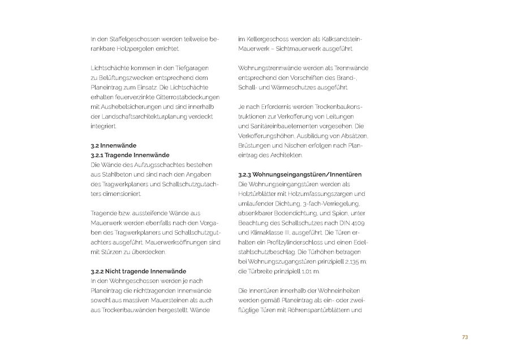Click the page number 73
pos(465,337)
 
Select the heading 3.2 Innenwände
pos(113,145)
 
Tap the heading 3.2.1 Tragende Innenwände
pos(130,155)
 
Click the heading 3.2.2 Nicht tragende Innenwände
pos(138,271)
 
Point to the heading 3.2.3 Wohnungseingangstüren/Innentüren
pos(300,174)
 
